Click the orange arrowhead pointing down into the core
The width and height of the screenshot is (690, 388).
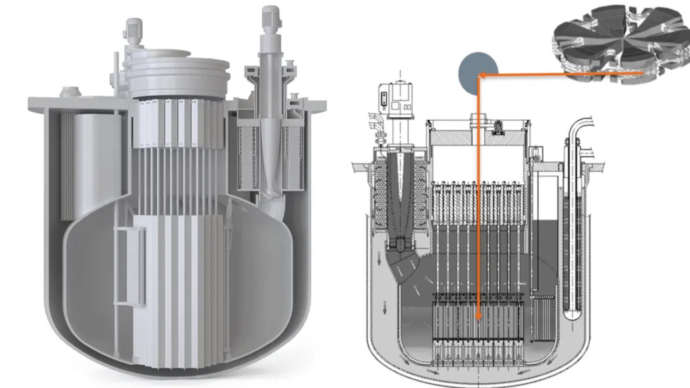pos(478,316)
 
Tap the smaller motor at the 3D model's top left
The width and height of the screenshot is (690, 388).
pos(134,29)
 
